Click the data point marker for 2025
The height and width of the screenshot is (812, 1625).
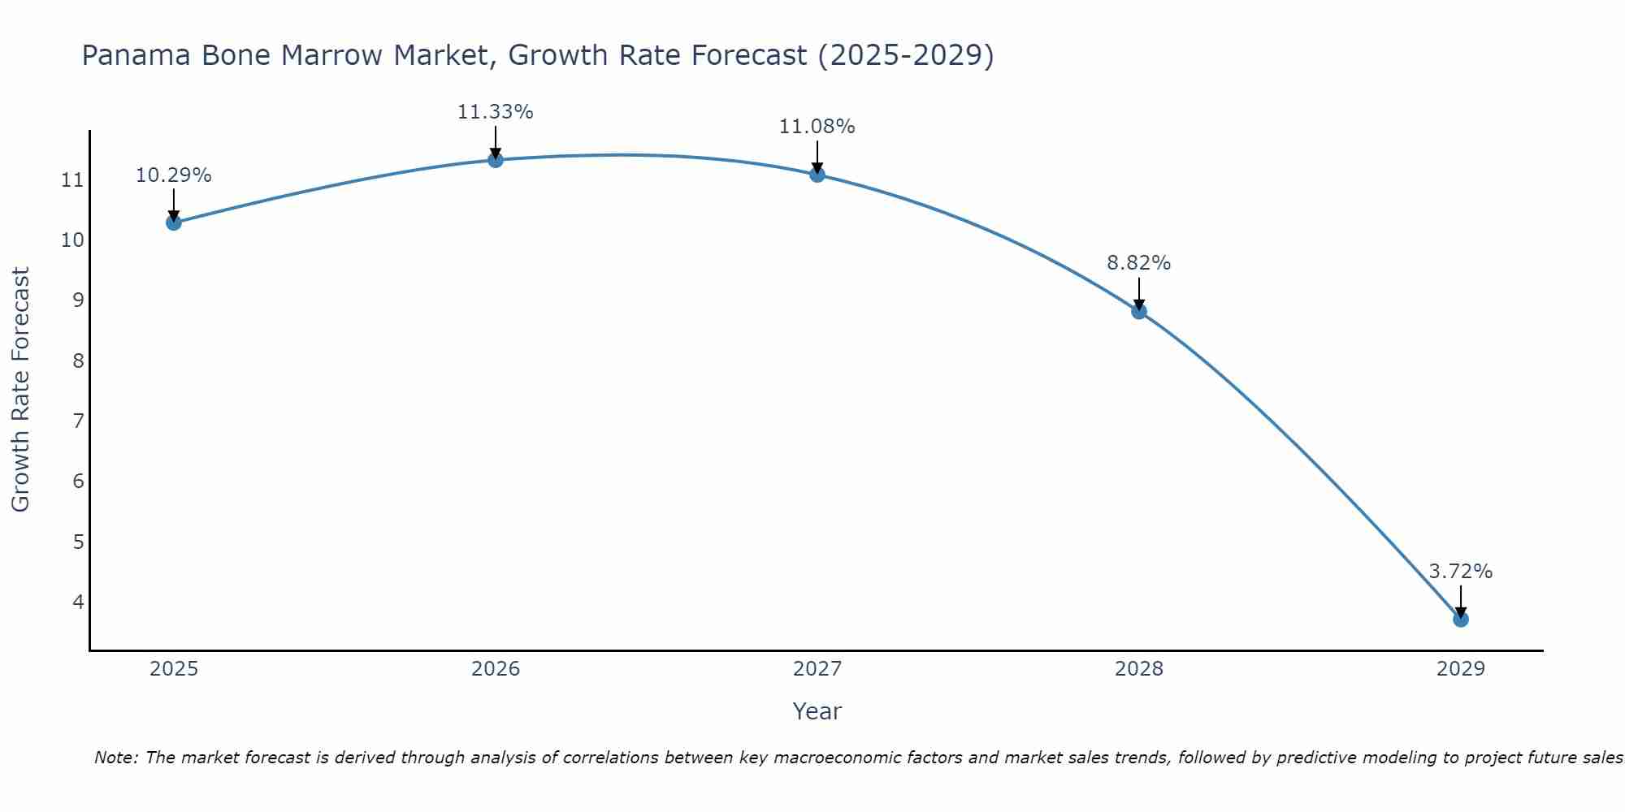[173, 222]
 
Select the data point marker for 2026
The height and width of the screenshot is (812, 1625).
[496, 160]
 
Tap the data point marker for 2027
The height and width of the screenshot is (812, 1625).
[817, 175]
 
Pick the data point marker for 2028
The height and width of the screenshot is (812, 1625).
[1139, 311]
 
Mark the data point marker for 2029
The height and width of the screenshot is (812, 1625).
[1461, 620]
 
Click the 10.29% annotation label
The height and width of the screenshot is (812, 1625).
[173, 175]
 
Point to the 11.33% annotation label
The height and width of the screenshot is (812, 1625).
[495, 112]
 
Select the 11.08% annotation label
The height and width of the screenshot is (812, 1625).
[817, 127]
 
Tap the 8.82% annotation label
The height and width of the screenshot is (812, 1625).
[1138, 263]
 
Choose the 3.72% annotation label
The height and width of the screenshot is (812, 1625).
[1460, 572]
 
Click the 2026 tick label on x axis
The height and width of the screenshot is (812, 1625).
[496, 669]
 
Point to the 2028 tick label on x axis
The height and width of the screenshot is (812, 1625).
[1139, 669]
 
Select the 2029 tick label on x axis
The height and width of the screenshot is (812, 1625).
[1461, 669]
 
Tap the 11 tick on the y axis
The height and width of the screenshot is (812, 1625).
[72, 180]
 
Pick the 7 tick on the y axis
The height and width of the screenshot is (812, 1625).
[78, 421]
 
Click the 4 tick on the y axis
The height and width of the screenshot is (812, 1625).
[78, 602]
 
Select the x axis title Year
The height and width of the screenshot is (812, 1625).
[817, 711]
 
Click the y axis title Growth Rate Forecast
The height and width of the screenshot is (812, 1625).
[21, 390]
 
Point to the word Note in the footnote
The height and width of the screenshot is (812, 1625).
[117, 758]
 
